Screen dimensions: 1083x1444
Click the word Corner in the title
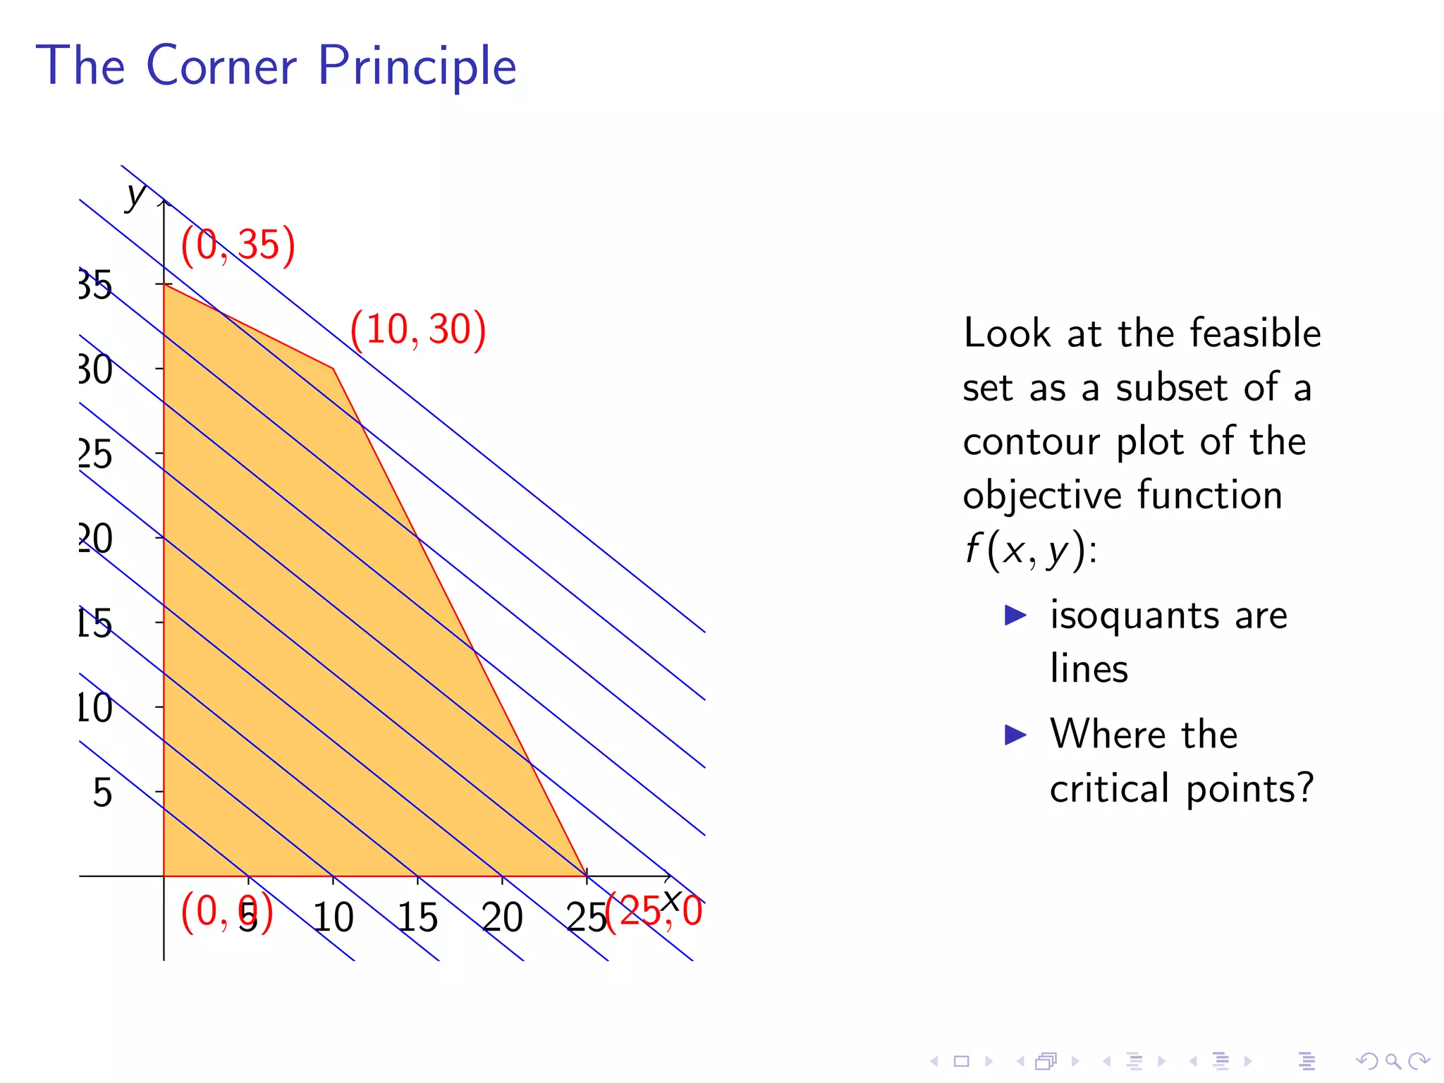(221, 66)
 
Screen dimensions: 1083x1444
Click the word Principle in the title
(417, 67)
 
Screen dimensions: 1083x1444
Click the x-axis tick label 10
(333, 918)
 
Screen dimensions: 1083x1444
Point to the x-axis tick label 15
(417, 918)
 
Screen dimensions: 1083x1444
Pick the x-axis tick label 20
(502, 918)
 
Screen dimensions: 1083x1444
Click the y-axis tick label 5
(102, 793)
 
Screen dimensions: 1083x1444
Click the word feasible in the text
(1255, 333)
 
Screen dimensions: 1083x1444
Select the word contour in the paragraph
(1029, 442)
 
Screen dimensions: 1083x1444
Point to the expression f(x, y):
(1030, 550)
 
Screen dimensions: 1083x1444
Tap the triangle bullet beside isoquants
(1015, 615)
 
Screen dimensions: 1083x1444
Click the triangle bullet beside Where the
(1015, 735)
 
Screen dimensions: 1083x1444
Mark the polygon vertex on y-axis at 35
(164, 284)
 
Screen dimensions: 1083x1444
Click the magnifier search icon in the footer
(1393, 1061)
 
